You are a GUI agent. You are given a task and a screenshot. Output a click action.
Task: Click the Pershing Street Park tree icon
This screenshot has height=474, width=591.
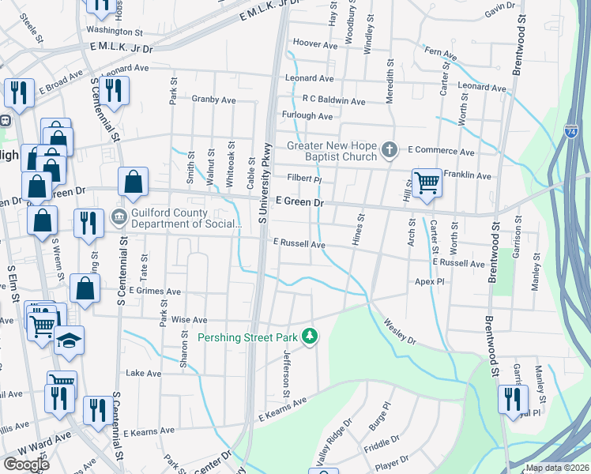[311, 337]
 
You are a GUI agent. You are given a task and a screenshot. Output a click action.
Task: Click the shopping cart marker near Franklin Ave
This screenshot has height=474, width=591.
[427, 183]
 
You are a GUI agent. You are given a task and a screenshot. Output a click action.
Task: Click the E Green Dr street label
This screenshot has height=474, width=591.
[299, 203]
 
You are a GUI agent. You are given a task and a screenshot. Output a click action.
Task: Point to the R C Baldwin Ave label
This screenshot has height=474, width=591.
[333, 101]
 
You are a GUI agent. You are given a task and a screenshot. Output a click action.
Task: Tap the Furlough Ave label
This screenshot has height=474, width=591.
[308, 116]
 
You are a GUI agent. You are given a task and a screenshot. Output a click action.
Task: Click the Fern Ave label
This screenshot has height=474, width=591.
[441, 54]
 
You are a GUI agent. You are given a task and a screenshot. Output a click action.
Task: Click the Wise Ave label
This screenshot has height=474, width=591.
[189, 320]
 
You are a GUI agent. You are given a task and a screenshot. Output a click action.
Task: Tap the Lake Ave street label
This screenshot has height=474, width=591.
[143, 373]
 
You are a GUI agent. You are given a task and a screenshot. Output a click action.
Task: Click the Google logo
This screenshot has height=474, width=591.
[27, 465]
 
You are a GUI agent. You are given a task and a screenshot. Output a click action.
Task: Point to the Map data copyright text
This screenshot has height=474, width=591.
[557, 468]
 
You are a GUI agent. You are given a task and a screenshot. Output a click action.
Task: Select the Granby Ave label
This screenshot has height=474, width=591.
[214, 100]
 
